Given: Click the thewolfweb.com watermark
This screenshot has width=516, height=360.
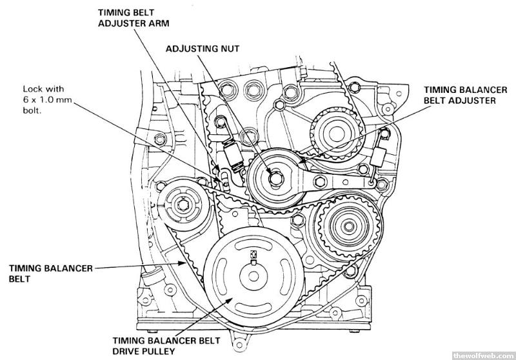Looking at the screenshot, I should [482, 354].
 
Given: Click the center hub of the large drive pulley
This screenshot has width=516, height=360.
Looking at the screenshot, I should [252, 278].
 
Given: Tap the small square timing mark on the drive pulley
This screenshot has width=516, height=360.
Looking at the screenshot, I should [253, 253].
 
